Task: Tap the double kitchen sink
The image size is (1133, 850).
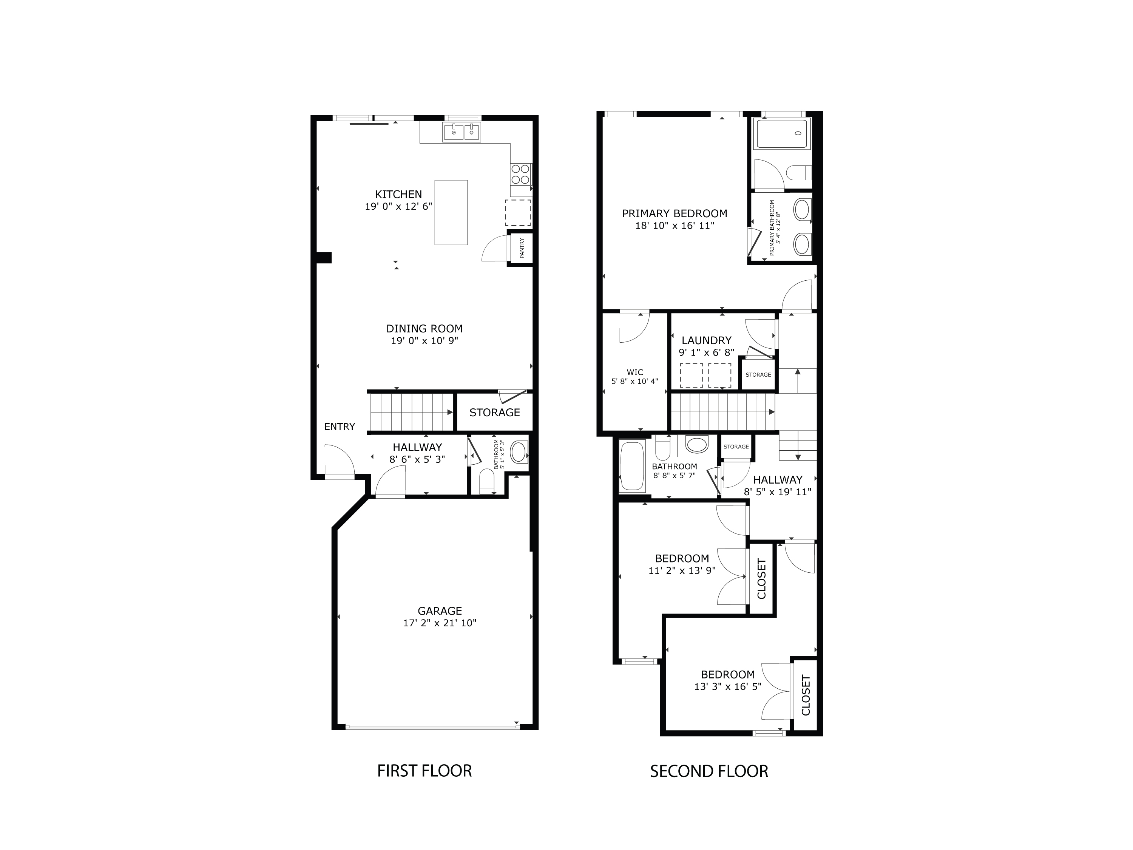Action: (x=462, y=132)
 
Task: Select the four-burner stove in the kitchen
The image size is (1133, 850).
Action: (x=520, y=174)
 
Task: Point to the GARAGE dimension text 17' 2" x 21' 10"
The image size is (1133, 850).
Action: (x=440, y=623)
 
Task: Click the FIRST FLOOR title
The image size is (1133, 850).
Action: (x=424, y=771)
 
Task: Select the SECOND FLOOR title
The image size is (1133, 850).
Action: (x=709, y=771)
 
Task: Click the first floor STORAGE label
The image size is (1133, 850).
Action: (x=494, y=413)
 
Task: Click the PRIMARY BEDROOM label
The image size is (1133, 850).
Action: (x=675, y=214)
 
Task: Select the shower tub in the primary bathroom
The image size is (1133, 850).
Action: (x=782, y=134)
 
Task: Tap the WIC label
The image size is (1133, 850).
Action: (x=634, y=372)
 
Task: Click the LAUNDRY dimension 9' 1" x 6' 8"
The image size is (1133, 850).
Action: (x=706, y=352)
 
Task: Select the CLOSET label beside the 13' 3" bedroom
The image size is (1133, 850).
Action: (x=806, y=695)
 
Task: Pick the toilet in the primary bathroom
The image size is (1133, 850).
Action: (x=798, y=173)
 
